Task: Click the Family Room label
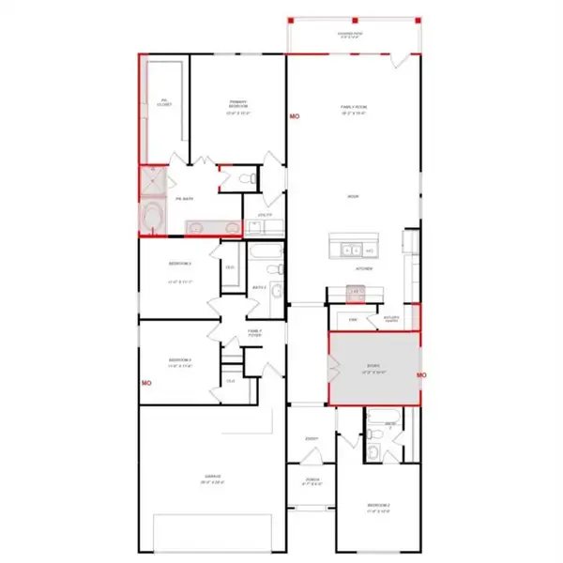[353, 109]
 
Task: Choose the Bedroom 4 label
[180, 362]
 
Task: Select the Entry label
[312, 438]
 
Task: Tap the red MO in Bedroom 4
[146, 383]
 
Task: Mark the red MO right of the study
[422, 375]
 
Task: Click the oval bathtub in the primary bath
[151, 217]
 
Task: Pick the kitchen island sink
[349, 251]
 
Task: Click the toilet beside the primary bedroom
[246, 178]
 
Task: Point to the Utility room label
[266, 215]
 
